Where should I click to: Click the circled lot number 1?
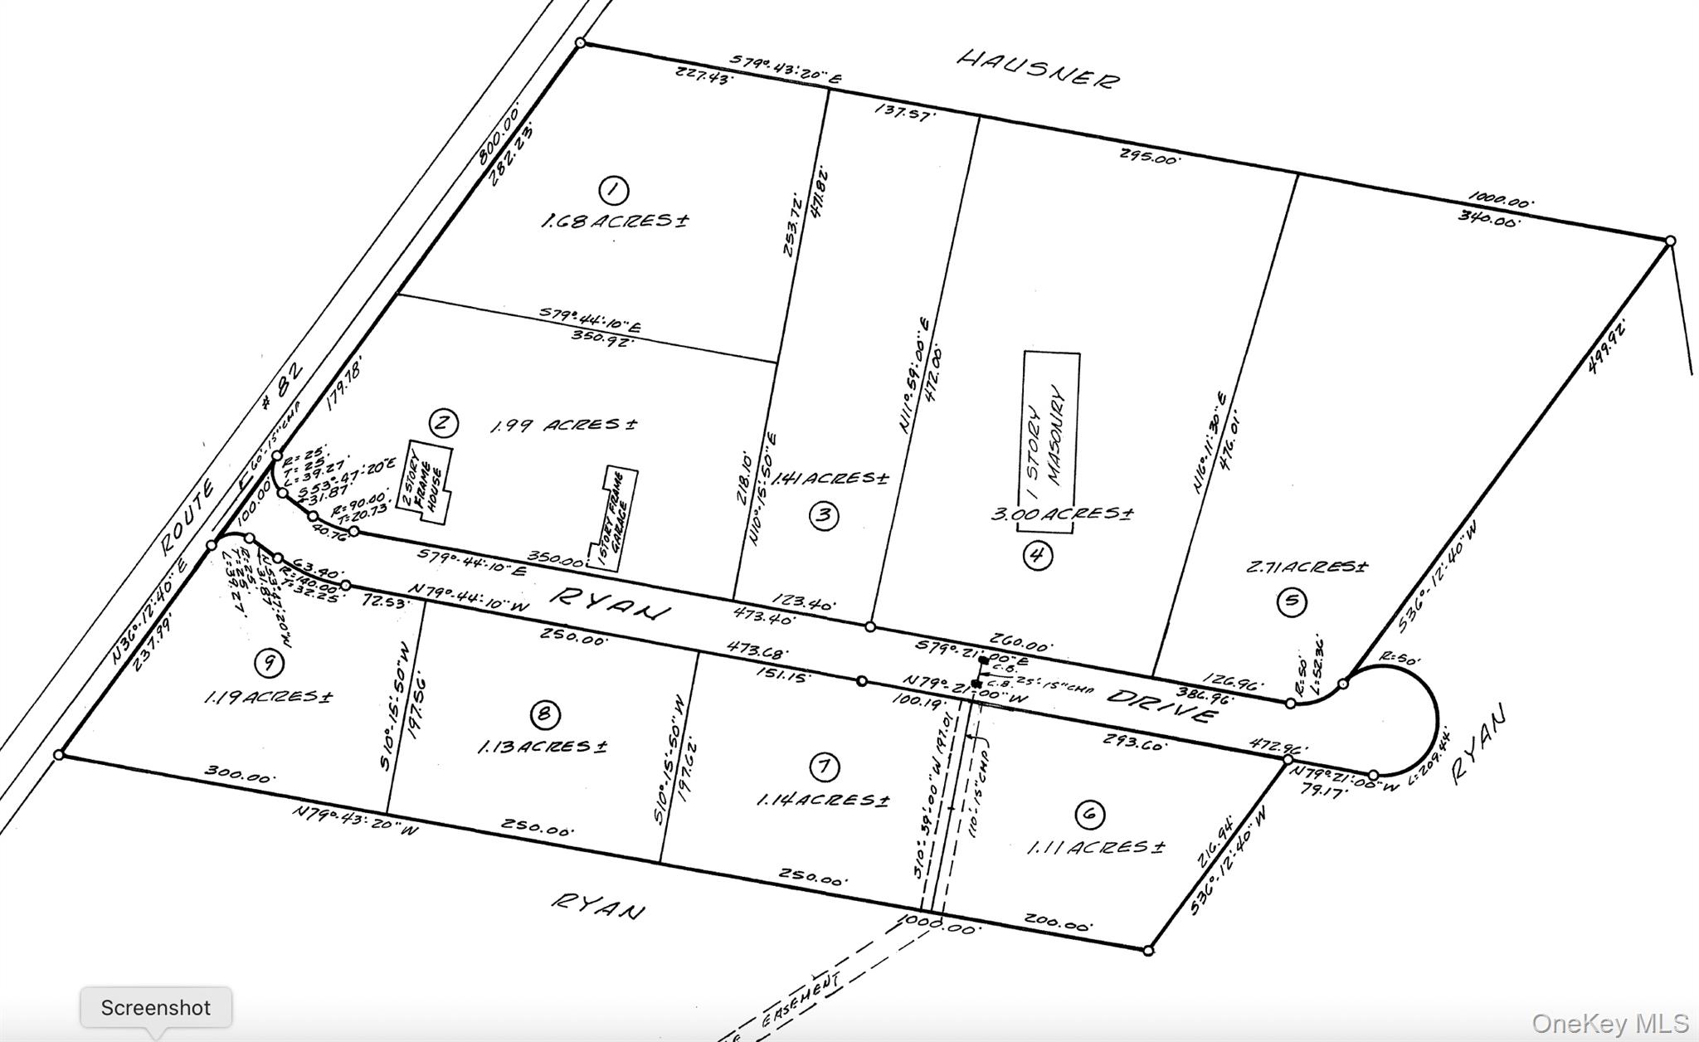click(x=613, y=191)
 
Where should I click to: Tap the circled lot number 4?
click(x=1037, y=554)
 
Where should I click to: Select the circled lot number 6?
click(x=1089, y=815)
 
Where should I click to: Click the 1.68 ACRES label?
click(x=615, y=222)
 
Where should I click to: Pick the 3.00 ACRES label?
click(x=1062, y=514)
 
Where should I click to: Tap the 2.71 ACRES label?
click(x=1307, y=567)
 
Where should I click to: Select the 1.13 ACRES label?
click(x=542, y=747)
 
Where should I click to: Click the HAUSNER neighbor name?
click(x=1038, y=69)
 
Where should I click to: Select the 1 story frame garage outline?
click(x=613, y=516)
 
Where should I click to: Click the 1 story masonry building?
click(x=1050, y=431)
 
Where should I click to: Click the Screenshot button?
click(x=156, y=1008)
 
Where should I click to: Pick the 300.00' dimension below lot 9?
click(x=240, y=776)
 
